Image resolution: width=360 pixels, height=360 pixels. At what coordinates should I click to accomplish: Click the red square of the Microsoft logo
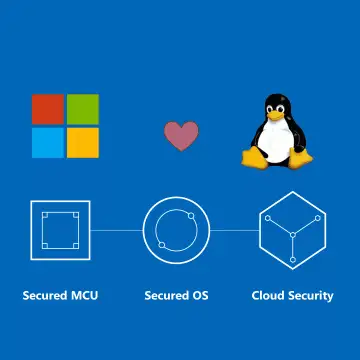coord(48,109)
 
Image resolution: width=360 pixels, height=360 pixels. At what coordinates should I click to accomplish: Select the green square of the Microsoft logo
coord(83,109)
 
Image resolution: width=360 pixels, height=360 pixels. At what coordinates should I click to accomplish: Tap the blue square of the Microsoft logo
coord(48,143)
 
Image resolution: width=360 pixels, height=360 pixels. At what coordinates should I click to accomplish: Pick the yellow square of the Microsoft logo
coord(83,143)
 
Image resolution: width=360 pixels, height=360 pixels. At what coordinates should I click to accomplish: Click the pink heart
coord(181,136)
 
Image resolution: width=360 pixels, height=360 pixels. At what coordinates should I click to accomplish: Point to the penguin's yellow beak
coord(276,116)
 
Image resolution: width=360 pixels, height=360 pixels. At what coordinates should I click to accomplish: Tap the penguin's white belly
coord(275,140)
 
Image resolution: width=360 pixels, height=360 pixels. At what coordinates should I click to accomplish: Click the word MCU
coord(84,295)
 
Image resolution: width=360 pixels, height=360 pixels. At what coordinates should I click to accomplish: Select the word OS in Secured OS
coord(200,295)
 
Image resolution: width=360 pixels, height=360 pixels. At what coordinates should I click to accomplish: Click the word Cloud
coord(268,295)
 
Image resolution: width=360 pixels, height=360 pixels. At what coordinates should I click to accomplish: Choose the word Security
coord(311,296)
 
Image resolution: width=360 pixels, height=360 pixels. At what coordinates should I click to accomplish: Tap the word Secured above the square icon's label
coord(45,295)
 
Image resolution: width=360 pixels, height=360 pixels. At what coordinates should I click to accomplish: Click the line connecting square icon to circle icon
coord(116,230)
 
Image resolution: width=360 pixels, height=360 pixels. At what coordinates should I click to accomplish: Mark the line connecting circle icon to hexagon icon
coord(235,230)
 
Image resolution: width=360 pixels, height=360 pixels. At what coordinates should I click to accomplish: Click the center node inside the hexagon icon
coord(293,235)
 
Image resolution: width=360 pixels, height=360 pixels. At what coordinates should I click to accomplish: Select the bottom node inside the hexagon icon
coord(293,260)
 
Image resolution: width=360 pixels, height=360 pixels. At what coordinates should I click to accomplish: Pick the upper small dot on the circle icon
coord(191,216)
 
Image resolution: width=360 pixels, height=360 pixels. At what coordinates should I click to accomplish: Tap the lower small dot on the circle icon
coord(162,245)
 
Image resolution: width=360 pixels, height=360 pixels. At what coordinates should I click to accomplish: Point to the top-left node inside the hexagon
coord(268,218)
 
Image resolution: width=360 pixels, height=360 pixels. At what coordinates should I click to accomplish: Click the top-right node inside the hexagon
coord(318,218)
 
